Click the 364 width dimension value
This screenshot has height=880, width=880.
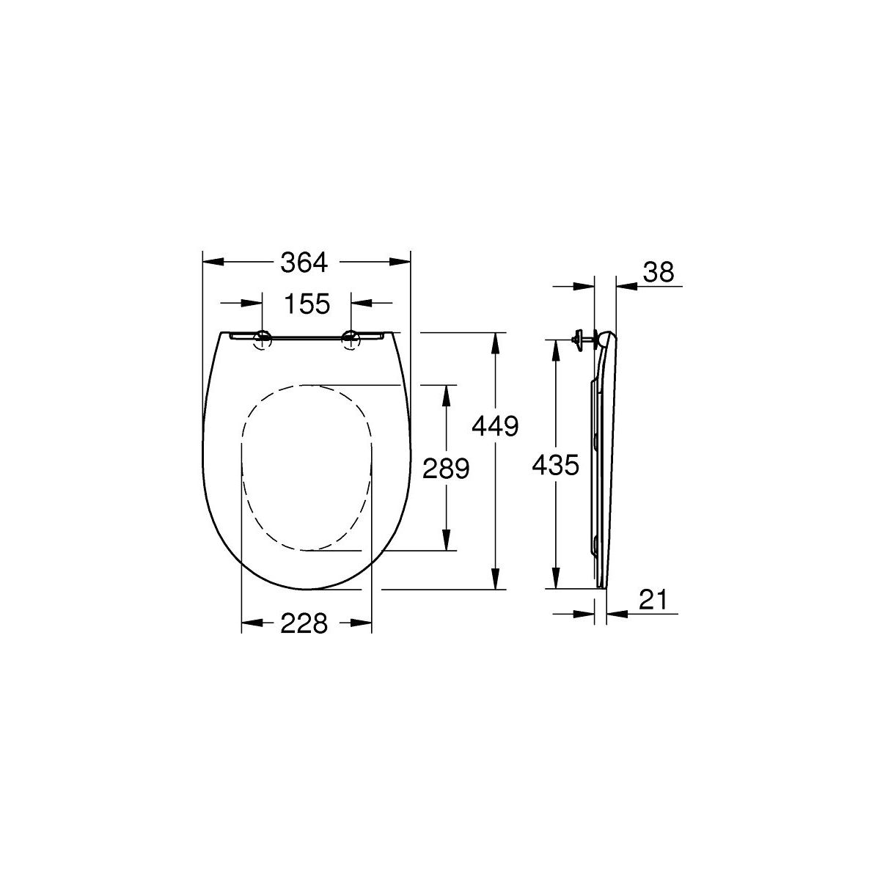coord(304,263)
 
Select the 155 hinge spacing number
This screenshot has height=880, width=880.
coord(307,304)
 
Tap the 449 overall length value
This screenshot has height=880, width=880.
coord(495,426)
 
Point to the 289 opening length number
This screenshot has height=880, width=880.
coord(446,468)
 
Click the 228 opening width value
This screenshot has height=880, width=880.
coord(304,623)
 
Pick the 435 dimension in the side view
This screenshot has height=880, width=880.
coord(556,465)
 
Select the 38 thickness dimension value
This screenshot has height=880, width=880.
coord(658,272)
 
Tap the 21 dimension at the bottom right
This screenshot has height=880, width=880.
coord(653,600)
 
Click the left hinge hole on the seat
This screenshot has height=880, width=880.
coord(263,340)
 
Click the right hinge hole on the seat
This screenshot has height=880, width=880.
coord(351,340)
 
